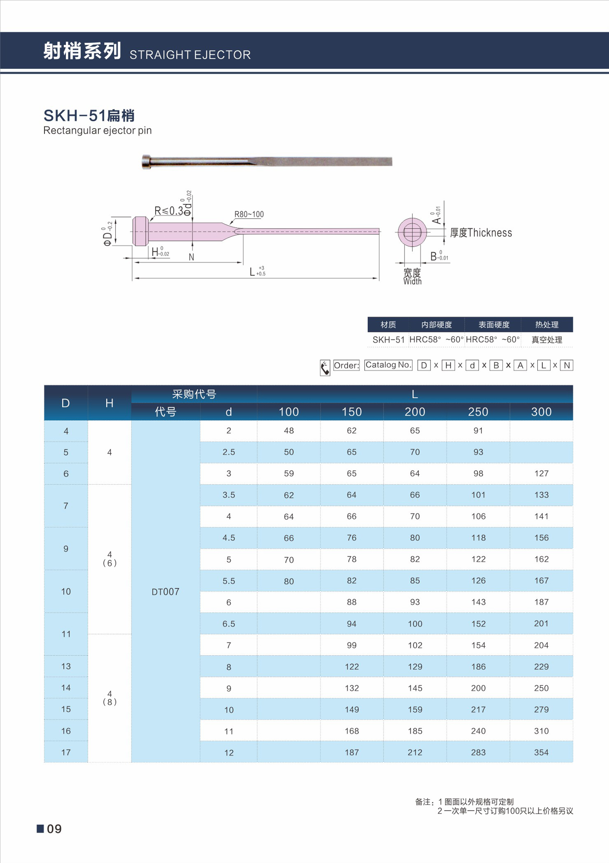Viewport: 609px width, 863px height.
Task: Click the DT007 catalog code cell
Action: point(165,592)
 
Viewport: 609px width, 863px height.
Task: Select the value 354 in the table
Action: point(541,752)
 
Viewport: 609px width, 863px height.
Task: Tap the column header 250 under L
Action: point(478,412)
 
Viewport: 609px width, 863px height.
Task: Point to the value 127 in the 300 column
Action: point(541,473)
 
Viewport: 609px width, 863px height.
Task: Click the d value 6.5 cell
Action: point(229,624)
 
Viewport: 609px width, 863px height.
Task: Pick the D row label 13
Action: point(66,666)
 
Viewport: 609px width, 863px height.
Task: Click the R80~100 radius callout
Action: point(249,214)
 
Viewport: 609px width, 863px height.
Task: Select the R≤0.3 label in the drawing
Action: point(168,211)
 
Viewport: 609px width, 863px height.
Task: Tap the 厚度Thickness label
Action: point(481,233)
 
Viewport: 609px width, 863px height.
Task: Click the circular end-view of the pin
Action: point(412,232)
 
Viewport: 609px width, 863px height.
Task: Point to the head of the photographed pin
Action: point(147,161)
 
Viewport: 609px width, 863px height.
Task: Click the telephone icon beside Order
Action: point(325,367)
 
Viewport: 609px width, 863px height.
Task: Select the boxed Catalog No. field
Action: point(388,365)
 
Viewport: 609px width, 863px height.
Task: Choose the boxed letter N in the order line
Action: point(567,365)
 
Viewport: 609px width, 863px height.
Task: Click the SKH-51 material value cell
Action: point(388,340)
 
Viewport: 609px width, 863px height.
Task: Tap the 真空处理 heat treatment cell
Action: point(546,340)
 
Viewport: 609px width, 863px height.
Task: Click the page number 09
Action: point(54,829)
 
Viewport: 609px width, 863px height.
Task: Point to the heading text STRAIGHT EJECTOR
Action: point(190,55)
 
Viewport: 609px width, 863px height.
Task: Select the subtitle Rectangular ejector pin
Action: point(98,131)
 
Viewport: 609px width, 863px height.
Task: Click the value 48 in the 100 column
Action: point(289,430)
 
